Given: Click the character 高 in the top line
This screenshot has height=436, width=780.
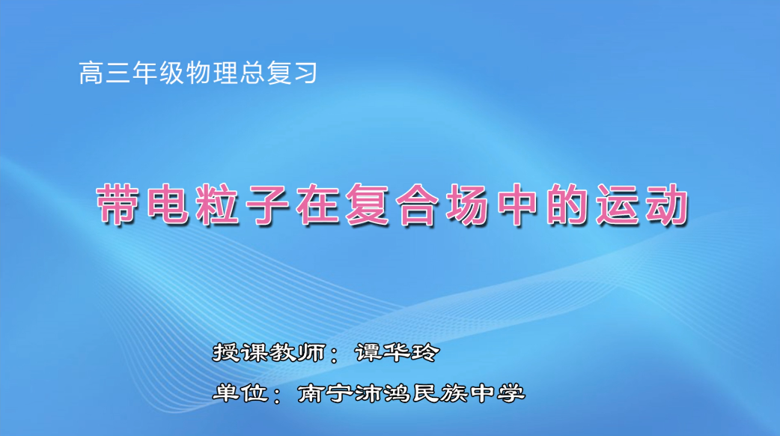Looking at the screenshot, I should pos(91,73).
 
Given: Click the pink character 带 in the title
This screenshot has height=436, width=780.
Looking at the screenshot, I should pos(123,205).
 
